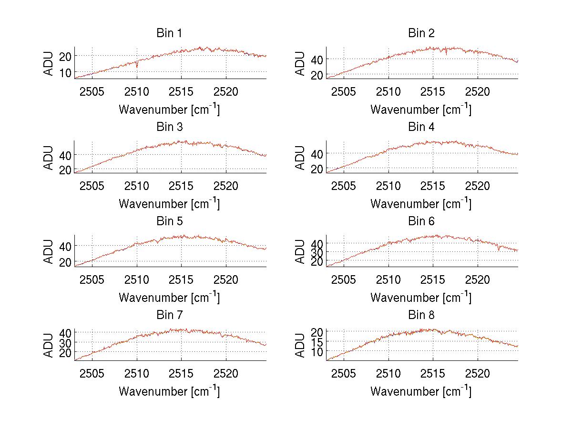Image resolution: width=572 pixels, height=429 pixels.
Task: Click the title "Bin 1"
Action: (169, 33)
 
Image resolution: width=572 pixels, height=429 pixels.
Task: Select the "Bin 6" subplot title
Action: (421, 221)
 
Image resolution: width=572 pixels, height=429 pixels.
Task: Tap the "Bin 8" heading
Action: (421, 315)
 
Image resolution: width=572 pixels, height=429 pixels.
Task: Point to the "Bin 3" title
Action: (169, 127)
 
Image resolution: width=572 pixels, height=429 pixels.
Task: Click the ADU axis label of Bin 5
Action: (49, 251)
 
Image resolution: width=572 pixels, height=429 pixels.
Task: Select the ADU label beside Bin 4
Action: (301, 157)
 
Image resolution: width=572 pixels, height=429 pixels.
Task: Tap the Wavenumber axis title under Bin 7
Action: (169, 391)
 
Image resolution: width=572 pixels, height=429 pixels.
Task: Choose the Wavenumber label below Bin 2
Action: (421, 110)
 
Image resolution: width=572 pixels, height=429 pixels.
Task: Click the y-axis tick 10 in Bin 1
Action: (65, 72)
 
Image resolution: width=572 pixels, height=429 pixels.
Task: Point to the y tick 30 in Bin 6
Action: (317, 252)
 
